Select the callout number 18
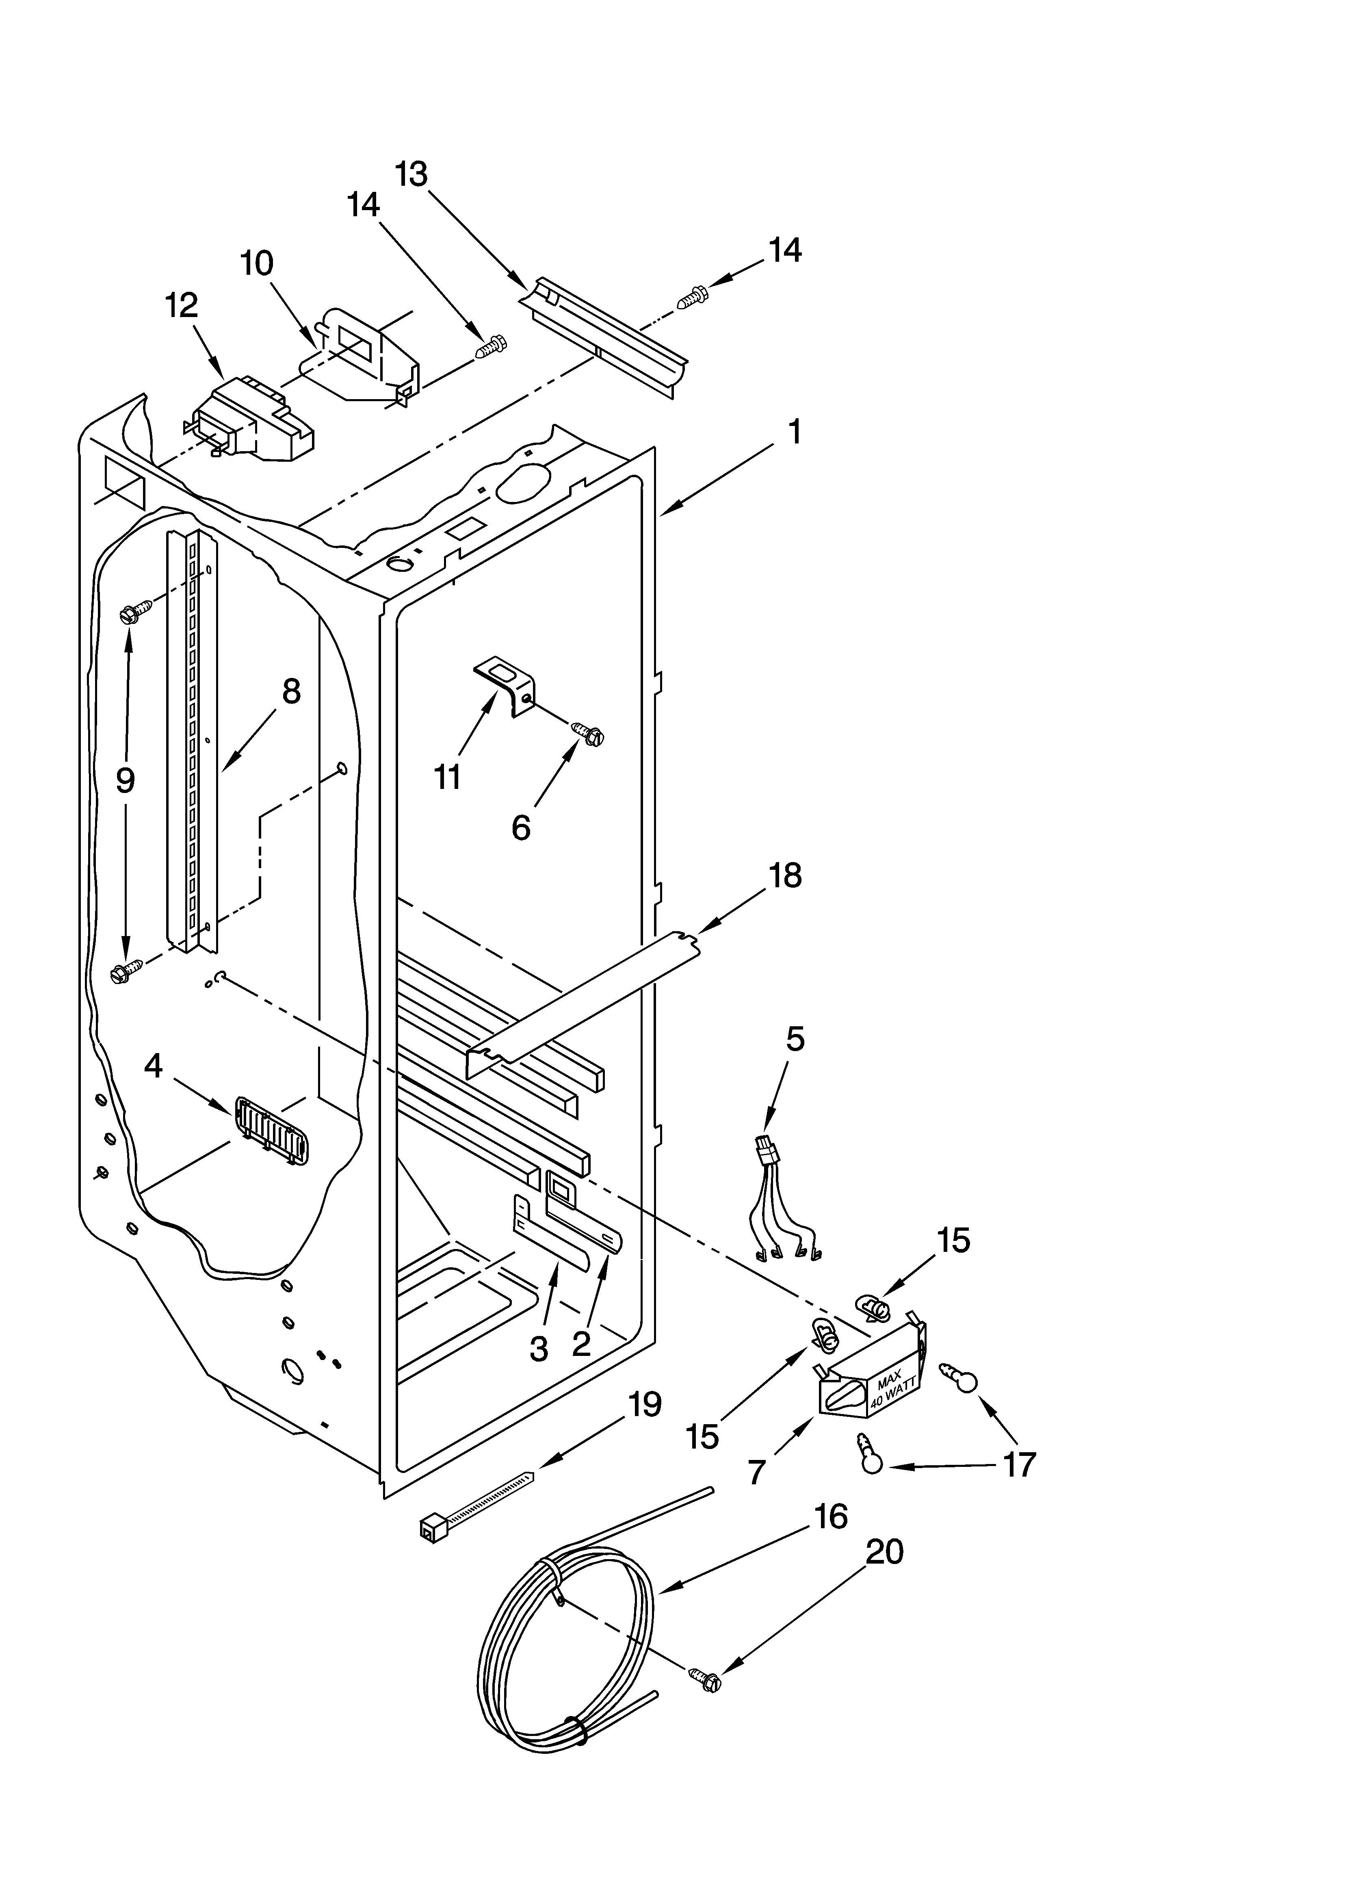[x=785, y=876]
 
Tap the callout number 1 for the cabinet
[x=793, y=432]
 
